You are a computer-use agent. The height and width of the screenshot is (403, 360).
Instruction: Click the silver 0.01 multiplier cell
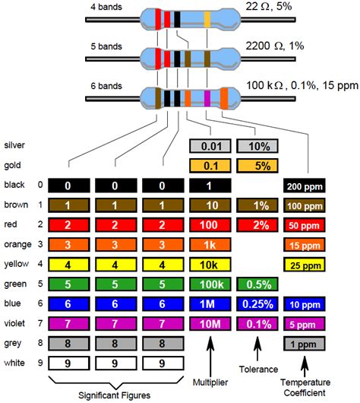210,145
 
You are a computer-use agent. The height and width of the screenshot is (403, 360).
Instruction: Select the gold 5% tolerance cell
257,165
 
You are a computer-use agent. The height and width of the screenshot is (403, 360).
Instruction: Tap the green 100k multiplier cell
210,284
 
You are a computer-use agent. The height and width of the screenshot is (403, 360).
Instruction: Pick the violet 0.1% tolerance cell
257,323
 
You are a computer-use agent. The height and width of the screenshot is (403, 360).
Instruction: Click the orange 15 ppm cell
305,245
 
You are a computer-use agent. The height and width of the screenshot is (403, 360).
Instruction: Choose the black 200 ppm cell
305,186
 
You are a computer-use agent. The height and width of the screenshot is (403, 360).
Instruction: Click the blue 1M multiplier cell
210,303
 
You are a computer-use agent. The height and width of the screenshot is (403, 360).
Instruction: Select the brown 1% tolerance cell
257,205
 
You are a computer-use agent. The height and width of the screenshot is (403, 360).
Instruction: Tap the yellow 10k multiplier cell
210,264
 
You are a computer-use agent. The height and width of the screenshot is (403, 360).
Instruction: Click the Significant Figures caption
114,395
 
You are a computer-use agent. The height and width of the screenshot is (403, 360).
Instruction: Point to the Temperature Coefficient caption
305,388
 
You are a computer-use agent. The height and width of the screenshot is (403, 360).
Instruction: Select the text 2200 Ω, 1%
276,46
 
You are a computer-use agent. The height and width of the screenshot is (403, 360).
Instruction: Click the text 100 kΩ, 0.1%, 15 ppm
301,84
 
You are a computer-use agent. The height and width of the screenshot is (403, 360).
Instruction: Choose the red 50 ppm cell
305,225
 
